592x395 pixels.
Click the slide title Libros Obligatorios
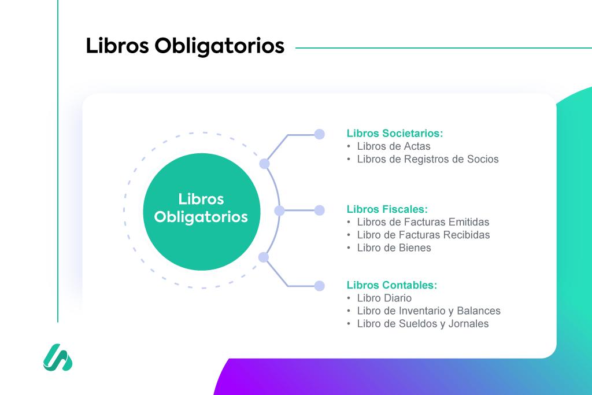[x=185, y=46]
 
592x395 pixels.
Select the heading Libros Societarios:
[x=394, y=133]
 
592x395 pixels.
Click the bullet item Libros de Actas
[x=393, y=146]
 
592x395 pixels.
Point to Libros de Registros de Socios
[x=427, y=159]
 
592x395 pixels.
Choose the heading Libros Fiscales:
[x=387, y=209]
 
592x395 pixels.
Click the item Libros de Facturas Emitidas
[x=423, y=222]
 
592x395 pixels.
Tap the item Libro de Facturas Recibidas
[x=423, y=235]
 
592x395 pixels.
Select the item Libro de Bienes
[x=394, y=248]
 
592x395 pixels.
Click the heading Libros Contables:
[x=391, y=285]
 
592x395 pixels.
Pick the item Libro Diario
[x=384, y=298]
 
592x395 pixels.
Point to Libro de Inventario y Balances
[x=428, y=311]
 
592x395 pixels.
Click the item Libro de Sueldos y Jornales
[x=423, y=324]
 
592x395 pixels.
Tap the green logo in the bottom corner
[x=58, y=357]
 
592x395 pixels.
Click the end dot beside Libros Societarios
[x=319, y=134]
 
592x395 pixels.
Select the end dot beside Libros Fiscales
[x=319, y=211]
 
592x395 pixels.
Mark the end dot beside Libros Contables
[x=319, y=285]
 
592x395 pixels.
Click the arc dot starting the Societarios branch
[x=264, y=164]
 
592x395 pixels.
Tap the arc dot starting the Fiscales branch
[x=279, y=211]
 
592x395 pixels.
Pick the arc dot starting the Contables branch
[x=264, y=257]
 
